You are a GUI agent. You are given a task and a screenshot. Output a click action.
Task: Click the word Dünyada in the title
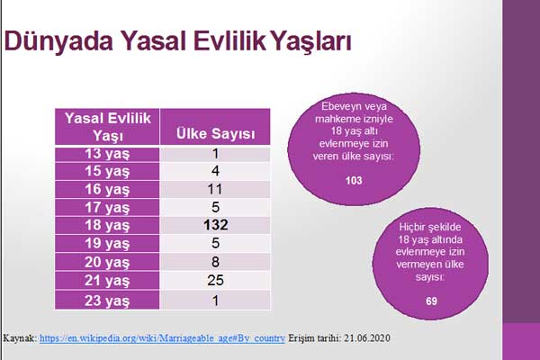pos(58,41)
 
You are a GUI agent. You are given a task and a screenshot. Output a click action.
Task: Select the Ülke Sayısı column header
pos(216,134)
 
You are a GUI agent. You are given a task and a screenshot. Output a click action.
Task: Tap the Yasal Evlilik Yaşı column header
pos(107,127)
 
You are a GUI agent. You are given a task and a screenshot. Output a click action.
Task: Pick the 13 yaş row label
pos(107,154)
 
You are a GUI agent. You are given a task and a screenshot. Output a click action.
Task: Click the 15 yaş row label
pos(107,172)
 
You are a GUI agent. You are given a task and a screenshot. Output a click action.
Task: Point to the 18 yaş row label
pos(107,225)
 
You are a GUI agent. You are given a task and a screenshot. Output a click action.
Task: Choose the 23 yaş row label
pos(107,301)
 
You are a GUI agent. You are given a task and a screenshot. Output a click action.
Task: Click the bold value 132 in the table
pos(216,225)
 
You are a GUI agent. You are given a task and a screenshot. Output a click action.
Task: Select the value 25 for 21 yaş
pos(216,281)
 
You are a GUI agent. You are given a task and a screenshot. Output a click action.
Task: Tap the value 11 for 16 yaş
pos(215,189)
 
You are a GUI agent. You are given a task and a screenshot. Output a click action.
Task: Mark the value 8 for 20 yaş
pos(216,262)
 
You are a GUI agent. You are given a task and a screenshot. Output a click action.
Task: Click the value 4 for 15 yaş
pos(216,171)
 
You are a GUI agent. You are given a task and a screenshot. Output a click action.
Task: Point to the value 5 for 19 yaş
pos(216,243)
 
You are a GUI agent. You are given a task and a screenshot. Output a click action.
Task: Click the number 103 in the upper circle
pos(354,181)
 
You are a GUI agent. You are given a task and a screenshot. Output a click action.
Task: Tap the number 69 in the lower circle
pos(431,301)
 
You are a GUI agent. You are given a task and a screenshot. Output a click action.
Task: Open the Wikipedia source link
pos(162,338)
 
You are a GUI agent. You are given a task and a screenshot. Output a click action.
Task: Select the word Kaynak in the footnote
pos(19,338)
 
